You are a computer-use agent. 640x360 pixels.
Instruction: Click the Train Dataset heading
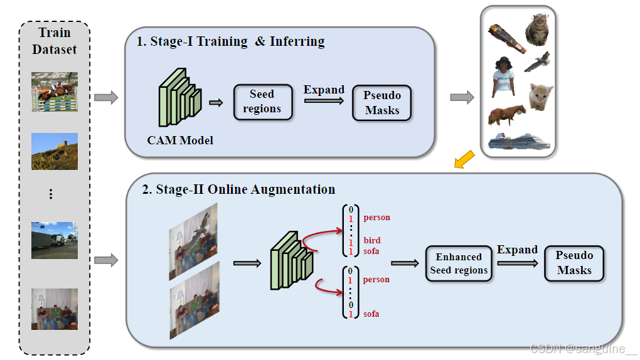[54, 41]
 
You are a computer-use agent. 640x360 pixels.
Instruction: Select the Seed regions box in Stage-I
[262, 101]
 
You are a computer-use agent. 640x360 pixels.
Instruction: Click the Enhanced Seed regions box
[459, 263]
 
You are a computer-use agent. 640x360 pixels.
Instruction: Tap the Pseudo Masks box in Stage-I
[381, 102]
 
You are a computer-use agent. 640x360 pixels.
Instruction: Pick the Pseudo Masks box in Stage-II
[574, 263]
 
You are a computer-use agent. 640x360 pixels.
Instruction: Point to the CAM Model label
[180, 140]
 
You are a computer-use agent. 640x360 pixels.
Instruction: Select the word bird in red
[372, 240]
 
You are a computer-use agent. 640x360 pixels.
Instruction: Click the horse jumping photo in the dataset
[55, 92]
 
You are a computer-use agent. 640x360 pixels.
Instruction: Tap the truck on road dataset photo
[55, 240]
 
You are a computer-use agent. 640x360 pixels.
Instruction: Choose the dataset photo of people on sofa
[55, 309]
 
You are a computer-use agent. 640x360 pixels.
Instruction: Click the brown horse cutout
[507, 115]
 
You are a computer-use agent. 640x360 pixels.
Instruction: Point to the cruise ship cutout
[518, 140]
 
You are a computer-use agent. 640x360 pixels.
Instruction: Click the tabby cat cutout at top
[536, 29]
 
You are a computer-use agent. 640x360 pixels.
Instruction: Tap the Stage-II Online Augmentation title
[238, 189]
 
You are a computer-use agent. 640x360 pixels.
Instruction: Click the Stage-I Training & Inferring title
[231, 42]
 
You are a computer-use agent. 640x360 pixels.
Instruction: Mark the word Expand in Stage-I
[324, 90]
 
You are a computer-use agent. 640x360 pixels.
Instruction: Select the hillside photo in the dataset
[55, 151]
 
